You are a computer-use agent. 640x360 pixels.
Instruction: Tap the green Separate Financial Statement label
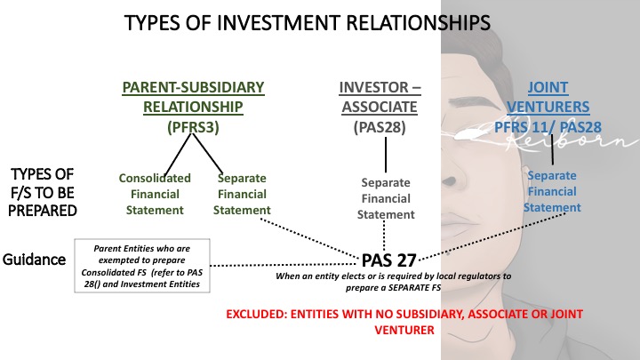(x=244, y=193)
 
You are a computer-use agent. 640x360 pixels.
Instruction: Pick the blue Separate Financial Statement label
(x=552, y=191)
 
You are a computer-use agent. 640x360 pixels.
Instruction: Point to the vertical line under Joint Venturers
(x=553, y=153)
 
